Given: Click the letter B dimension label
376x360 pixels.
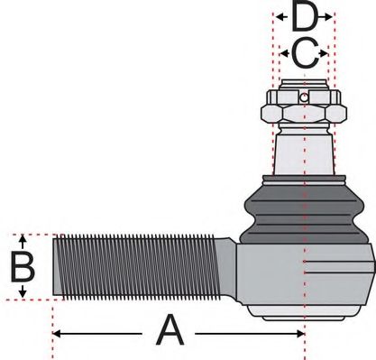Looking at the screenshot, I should [x=23, y=267].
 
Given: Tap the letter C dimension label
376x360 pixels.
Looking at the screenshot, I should [x=304, y=54].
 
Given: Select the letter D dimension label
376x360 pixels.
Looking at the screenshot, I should [x=305, y=16].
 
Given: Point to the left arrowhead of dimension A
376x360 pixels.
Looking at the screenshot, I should [x=57, y=333].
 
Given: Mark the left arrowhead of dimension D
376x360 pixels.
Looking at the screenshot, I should [x=275, y=16].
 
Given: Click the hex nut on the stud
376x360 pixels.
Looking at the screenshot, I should [x=304, y=113].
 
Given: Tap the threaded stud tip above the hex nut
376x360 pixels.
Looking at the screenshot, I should [x=305, y=90].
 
